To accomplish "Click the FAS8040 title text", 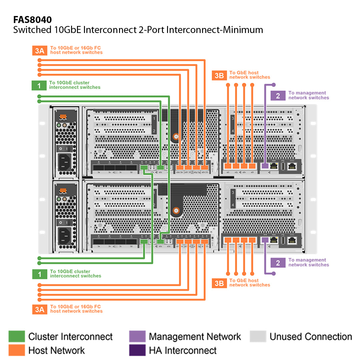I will (32, 20).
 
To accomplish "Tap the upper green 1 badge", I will (39, 85).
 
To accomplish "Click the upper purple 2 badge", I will (278, 95).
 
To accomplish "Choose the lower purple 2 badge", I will (278, 263).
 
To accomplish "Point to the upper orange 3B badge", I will (219, 75).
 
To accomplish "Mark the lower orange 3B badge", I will (219, 283).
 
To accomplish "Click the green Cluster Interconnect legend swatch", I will (17, 336).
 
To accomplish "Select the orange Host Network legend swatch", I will (17, 350).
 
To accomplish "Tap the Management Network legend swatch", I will (137, 336).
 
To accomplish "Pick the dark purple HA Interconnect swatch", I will (137, 350).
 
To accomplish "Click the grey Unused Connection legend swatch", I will (258, 336).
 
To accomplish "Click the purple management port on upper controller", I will (265, 166).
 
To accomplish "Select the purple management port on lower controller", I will (265, 240).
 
